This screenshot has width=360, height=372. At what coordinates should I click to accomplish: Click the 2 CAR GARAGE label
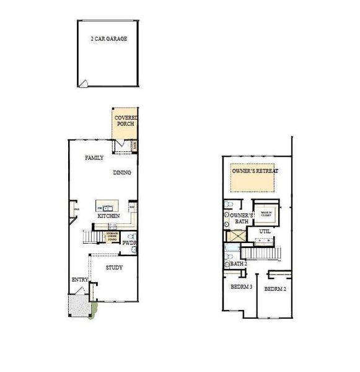[x=108, y=38]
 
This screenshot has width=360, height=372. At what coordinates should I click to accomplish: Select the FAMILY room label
[x=94, y=158]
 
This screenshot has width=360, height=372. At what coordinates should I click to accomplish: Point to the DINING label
[x=122, y=172]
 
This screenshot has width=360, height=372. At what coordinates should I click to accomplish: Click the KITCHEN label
[x=108, y=216]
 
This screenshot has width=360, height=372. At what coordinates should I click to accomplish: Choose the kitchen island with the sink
[x=105, y=207]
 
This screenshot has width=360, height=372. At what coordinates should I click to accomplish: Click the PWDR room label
[x=129, y=243]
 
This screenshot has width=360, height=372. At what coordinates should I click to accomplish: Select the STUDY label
[x=113, y=268]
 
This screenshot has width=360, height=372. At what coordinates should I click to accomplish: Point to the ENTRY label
[x=80, y=280]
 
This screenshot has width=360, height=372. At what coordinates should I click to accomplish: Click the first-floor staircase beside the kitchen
[x=92, y=236]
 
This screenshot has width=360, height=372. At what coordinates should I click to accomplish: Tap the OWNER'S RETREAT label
[x=255, y=170]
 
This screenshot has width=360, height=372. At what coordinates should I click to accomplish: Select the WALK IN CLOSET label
[x=266, y=213]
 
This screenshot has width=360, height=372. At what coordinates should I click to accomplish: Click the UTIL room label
[x=265, y=231]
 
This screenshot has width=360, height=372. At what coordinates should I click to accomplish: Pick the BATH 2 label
[x=238, y=263]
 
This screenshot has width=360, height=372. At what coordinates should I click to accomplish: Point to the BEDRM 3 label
[x=241, y=287]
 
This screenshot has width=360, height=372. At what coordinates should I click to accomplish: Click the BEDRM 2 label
[x=274, y=290]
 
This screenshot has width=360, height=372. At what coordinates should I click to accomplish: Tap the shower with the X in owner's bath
[x=236, y=236]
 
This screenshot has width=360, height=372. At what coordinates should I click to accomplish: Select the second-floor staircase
[x=261, y=252]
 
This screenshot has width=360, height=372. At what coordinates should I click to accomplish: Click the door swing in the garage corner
[x=85, y=84]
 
